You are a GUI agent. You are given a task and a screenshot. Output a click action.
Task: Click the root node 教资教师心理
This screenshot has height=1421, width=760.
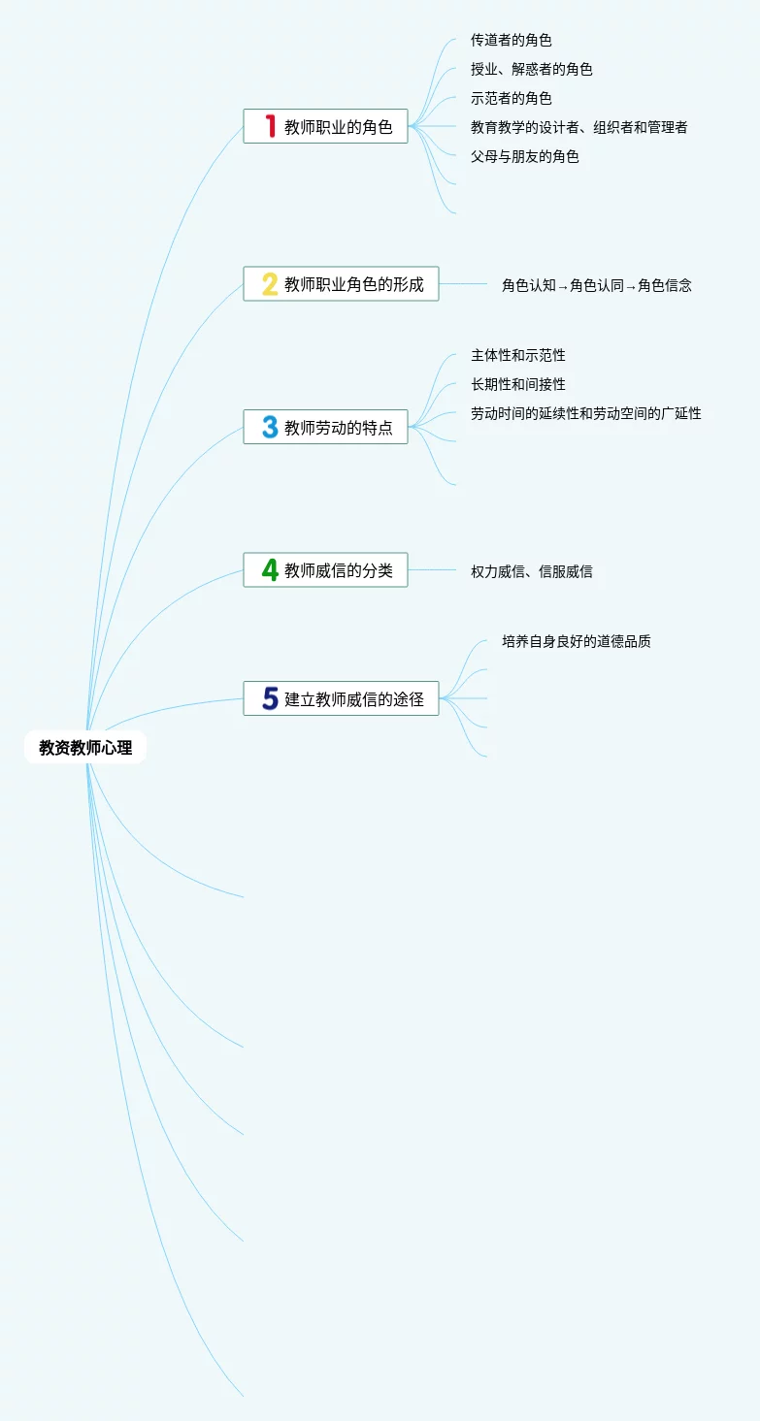pos(85,748)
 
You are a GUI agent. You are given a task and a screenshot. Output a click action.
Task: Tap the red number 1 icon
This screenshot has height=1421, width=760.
pos(271,126)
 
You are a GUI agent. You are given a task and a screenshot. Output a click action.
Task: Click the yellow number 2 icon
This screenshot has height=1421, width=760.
pos(270,284)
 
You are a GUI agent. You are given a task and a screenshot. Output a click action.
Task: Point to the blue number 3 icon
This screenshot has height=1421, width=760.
pos(270,427)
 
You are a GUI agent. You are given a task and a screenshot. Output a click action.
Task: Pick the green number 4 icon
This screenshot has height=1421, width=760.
pos(270,570)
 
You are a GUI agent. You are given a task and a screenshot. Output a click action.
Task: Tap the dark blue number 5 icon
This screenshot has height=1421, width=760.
pos(270,698)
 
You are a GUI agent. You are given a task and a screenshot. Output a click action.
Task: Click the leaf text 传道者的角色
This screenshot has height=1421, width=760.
pos(512,40)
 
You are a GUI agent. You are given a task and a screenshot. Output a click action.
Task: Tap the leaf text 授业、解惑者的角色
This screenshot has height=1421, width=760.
pos(532,69)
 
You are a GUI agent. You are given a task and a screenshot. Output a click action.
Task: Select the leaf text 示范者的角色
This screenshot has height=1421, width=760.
pos(512,98)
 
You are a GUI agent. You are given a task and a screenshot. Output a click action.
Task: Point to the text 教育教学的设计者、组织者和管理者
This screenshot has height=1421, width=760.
pos(579,127)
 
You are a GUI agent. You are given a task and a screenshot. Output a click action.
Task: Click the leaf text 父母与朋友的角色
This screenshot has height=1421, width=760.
pos(525,156)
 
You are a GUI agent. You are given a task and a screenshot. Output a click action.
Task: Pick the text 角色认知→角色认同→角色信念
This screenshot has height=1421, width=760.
pos(597,285)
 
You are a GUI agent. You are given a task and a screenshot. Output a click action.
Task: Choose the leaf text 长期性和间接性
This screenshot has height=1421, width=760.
pos(518,384)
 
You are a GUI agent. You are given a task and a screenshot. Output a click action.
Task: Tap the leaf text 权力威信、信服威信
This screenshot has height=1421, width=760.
pos(532,571)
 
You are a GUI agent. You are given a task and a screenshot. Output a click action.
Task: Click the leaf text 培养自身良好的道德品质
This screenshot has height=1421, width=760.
pos(577,641)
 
